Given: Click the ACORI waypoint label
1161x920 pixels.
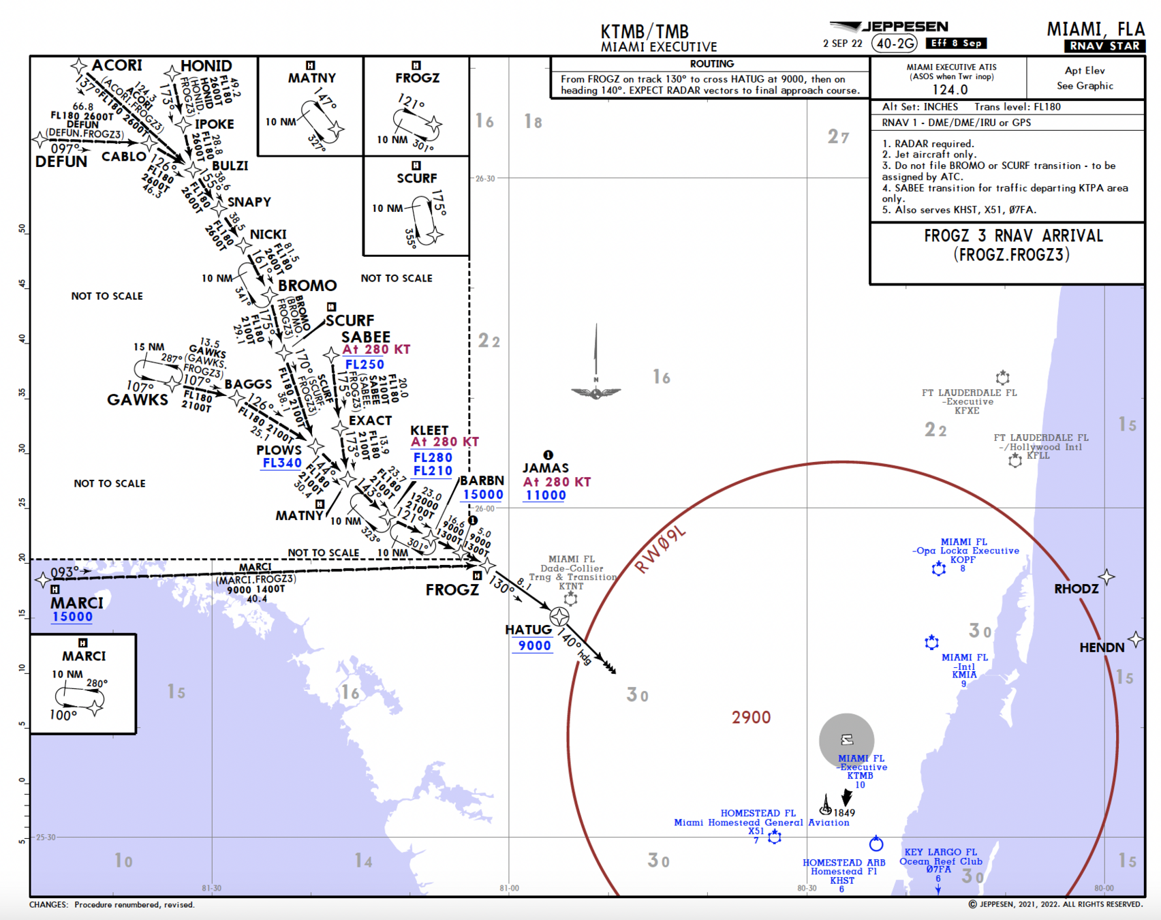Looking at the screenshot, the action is click(117, 65).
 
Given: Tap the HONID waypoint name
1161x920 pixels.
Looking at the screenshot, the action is click(206, 66).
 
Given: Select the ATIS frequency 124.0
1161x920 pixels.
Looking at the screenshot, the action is click(950, 90).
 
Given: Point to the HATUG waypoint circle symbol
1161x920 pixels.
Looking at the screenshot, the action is click(559, 617).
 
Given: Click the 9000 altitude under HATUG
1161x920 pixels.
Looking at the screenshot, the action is click(534, 646).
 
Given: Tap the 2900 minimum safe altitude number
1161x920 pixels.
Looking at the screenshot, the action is click(751, 718).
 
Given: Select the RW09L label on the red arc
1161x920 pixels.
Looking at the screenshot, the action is click(660, 551).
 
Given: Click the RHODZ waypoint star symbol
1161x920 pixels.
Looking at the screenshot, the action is click(1106, 577).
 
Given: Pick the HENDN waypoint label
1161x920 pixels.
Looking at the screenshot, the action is click(1102, 647).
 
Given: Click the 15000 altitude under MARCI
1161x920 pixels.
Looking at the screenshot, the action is click(72, 617).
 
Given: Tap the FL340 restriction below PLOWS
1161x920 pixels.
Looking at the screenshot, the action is click(282, 463).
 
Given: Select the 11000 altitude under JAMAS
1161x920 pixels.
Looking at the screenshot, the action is click(545, 495).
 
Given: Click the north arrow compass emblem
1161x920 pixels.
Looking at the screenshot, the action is click(596, 392).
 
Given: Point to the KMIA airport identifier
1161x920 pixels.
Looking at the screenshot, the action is click(964, 675).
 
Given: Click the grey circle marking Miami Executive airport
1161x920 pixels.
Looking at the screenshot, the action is click(846, 740).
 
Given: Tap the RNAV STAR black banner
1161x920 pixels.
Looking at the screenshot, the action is click(1104, 46).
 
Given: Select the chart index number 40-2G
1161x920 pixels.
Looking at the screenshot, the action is click(895, 44).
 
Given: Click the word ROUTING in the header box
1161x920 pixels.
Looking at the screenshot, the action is click(712, 64).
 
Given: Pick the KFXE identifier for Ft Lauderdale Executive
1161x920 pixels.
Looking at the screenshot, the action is click(967, 411).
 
